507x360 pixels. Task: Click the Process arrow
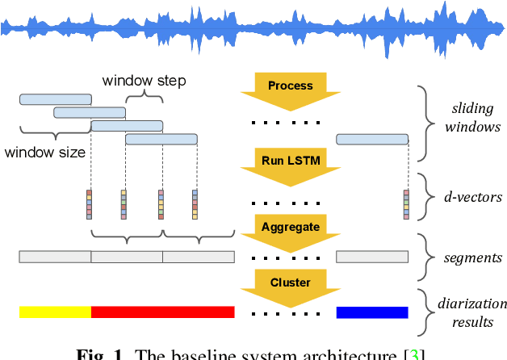coord(290,87)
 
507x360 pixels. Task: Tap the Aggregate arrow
coord(290,228)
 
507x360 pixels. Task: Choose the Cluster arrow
coord(290,285)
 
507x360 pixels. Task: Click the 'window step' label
coord(144,81)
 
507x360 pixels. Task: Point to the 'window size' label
coord(45,151)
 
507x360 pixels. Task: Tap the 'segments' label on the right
coord(474,258)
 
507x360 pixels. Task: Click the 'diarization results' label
coord(474,313)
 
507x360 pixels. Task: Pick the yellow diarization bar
coord(55,312)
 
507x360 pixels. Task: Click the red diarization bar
coord(162,312)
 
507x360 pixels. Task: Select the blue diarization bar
coord(372,312)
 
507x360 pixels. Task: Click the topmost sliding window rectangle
coord(55,98)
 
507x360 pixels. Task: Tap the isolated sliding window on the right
coord(372,140)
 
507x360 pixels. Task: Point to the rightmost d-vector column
coord(406,204)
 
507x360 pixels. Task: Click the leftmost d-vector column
coord(89,204)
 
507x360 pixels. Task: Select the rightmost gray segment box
coord(372,257)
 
